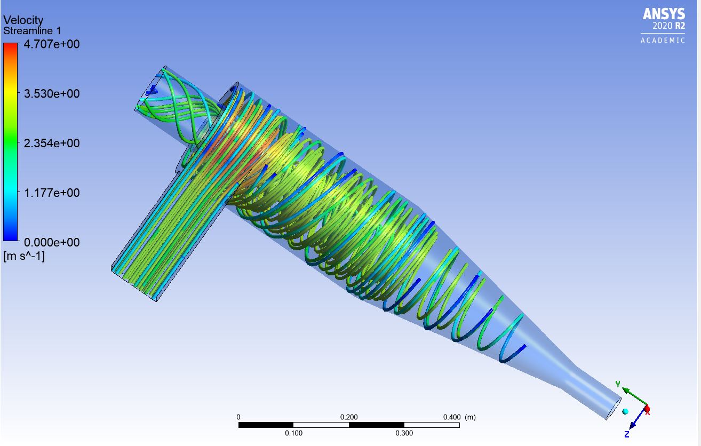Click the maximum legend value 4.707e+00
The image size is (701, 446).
click(x=50, y=44)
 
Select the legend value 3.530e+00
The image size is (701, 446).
click(x=50, y=94)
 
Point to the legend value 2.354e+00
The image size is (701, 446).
click(x=50, y=143)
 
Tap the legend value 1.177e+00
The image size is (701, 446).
click(x=50, y=193)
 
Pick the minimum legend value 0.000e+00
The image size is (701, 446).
click(x=50, y=242)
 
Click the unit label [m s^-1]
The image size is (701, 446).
click(x=24, y=257)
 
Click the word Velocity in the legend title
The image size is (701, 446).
click(x=23, y=20)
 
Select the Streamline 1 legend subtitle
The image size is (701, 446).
click(x=32, y=31)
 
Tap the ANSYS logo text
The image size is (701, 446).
click(x=664, y=14)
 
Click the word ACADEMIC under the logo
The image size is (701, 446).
click(x=663, y=41)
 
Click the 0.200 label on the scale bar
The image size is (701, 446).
click(x=349, y=417)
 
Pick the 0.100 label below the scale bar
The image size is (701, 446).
click(x=294, y=433)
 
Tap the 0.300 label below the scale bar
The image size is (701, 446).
click(x=404, y=433)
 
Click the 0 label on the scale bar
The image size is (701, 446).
click(x=238, y=417)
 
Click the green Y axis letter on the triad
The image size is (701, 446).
click(x=618, y=384)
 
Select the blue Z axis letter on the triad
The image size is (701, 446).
click(x=627, y=435)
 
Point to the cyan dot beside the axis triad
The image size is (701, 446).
click(x=625, y=411)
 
